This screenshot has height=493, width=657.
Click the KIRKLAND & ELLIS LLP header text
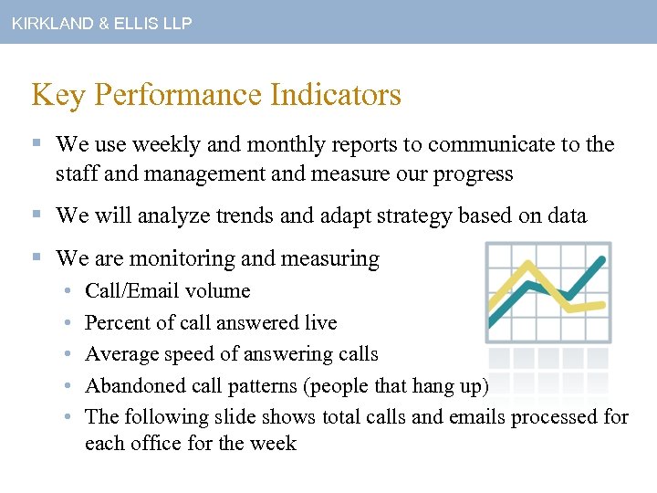coord(101,24)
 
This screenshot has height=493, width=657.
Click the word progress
coord(470,173)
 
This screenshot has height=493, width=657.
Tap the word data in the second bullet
coord(566,216)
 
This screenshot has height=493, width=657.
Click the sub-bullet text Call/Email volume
coord(167,291)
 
